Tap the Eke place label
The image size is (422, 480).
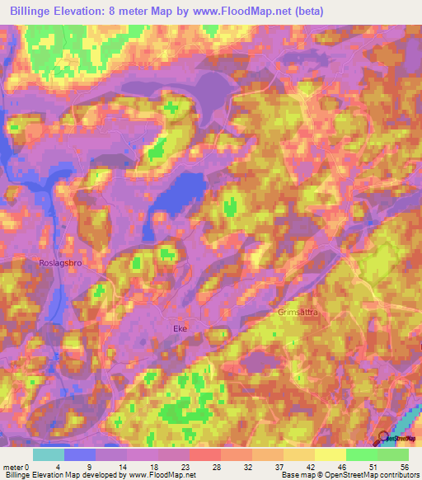point(181,328)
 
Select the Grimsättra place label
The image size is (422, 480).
point(298,313)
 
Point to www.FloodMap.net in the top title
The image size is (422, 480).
point(245,12)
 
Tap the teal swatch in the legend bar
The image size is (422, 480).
point(49,454)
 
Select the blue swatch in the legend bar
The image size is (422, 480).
point(80,454)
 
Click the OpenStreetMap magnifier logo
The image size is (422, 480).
point(383,438)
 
